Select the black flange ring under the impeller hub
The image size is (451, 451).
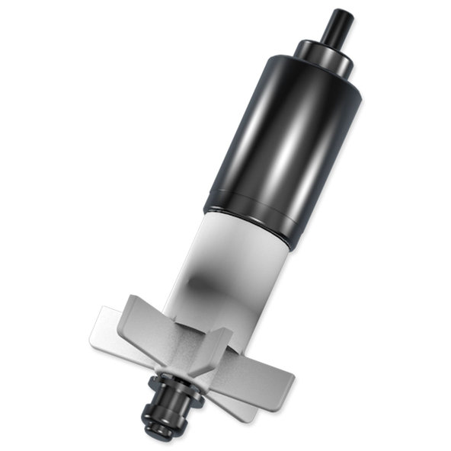pyautogui.click(x=171, y=381)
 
